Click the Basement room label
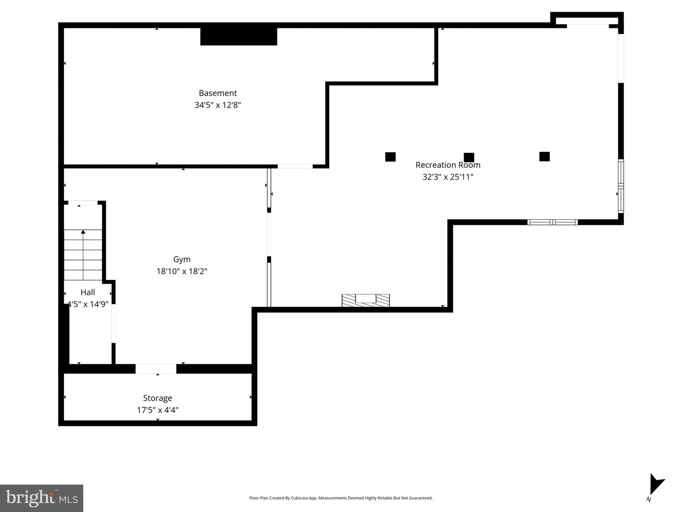[x=217, y=93]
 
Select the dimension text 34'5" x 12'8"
[x=217, y=105]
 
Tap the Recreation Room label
[x=448, y=165]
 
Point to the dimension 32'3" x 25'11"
[x=448, y=177]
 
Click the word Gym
[x=181, y=259]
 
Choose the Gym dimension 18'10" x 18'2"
[x=182, y=271]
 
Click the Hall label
[x=88, y=292]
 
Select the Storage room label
[x=157, y=398]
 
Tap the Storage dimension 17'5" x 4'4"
[x=157, y=410]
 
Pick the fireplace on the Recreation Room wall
[x=366, y=300]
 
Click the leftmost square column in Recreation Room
[x=390, y=157]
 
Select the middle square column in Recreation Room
[x=469, y=157]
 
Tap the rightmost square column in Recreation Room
[x=545, y=156]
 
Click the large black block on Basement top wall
[x=239, y=36]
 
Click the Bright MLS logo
[x=42, y=498]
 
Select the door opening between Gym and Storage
[x=156, y=369]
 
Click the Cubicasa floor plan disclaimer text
[x=341, y=498]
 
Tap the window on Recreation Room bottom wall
[x=553, y=222]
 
